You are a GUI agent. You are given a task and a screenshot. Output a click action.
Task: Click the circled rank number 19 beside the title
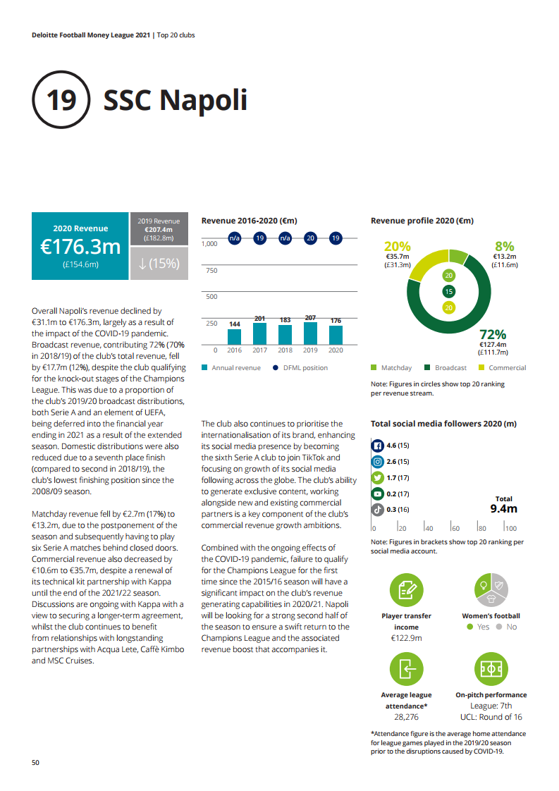61,100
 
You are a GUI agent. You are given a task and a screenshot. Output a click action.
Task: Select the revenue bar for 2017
259,333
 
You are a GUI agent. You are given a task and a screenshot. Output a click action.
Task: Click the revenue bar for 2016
234,336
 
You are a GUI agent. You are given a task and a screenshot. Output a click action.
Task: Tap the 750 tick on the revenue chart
210,270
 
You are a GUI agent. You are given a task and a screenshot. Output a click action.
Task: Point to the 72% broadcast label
493,334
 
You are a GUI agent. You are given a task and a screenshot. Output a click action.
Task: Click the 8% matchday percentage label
505,246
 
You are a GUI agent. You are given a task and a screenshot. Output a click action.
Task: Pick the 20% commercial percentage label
397,246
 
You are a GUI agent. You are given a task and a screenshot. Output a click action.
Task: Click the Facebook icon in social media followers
378,446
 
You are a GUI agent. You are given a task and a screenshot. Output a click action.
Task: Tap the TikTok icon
378,509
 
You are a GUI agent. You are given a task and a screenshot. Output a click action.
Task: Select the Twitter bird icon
378,477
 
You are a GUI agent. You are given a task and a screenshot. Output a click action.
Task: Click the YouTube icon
378,493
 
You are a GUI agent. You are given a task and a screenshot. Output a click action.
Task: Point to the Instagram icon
378,462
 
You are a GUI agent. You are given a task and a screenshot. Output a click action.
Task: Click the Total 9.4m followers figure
503,508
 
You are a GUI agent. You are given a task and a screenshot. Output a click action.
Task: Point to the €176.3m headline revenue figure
80,247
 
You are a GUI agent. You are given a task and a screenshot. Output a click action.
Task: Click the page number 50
36,763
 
